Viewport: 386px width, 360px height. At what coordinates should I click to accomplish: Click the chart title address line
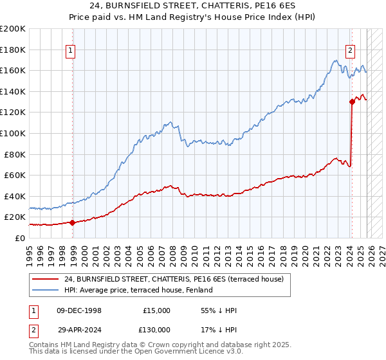[192, 6]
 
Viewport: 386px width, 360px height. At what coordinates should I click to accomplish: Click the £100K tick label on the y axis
[13, 133]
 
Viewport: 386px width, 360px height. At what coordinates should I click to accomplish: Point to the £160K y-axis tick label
[13, 70]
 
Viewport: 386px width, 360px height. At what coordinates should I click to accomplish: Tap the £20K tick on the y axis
[14, 217]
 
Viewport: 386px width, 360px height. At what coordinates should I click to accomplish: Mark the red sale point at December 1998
[72, 222]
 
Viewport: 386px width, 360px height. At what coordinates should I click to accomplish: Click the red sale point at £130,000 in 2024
[352, 101]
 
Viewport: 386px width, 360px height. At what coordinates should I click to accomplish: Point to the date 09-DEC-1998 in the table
[80, 310]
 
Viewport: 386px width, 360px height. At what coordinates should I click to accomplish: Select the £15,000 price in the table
[156, 310]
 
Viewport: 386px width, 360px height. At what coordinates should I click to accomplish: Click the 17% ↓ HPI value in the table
[219, 329]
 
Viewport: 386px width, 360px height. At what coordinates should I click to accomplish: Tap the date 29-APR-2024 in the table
[80, 329]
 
